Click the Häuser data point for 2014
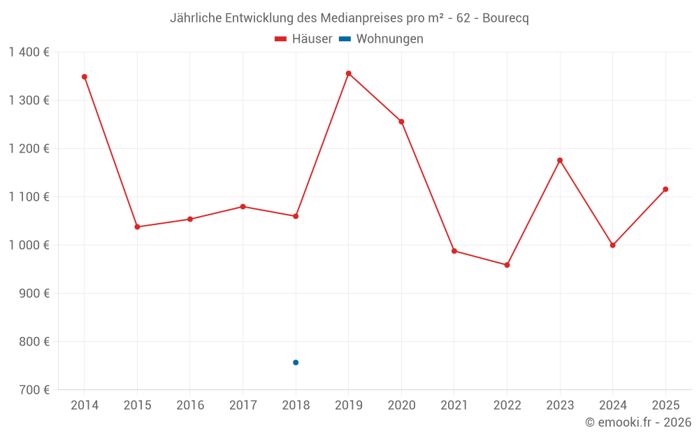point(85,77)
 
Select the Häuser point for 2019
point(349,73)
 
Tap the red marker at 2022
point(507,265)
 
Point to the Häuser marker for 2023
point(560,160)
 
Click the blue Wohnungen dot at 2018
point(296,362)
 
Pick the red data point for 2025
point(665,189)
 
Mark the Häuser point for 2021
point(454,251)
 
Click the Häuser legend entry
point(303,39)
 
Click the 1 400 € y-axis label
point(29,52)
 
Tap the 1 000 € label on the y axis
point(29,245)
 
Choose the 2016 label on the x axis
point(190,406)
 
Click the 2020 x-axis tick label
point(401,406)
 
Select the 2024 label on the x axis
point(613,406)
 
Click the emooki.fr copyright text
point(638,422)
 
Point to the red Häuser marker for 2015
point(137,227)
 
